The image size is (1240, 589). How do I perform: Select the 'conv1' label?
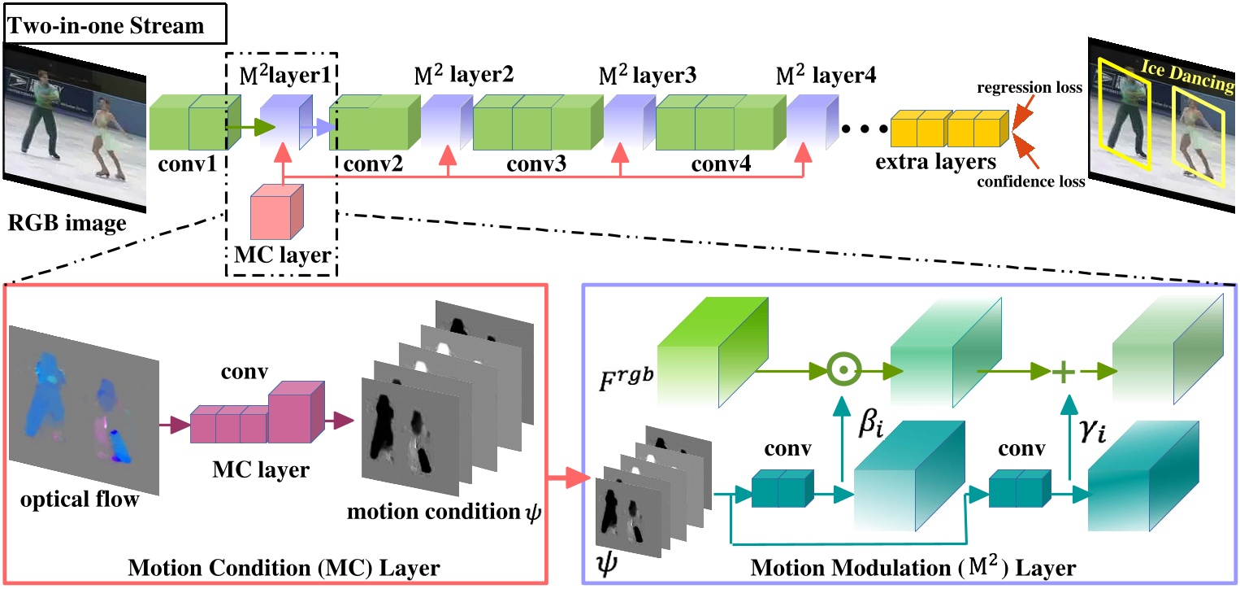(x=187, y=165)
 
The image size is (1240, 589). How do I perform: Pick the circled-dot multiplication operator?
(x=844, y=372)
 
